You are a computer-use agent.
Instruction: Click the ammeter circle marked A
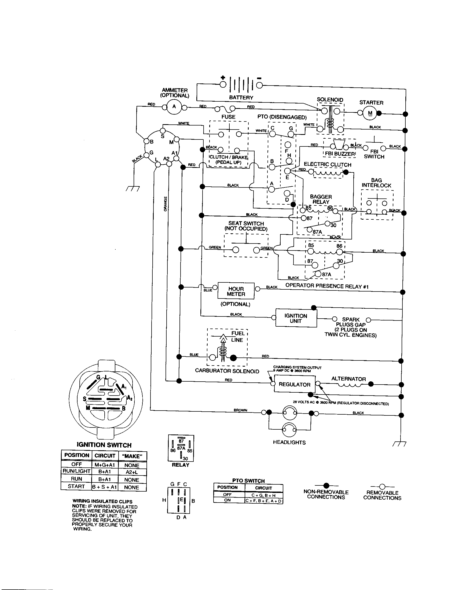[174, 106]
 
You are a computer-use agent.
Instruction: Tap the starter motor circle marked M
[370, 113]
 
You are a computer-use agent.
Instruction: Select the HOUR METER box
[236, 291]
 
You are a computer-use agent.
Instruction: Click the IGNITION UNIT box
[296, 319]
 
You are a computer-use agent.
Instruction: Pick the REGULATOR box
[295, 384]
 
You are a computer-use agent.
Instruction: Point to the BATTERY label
[241, 98]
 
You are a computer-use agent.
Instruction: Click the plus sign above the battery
[223, 78]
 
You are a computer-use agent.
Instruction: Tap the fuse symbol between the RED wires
[225, 109]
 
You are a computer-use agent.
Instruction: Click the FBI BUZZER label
[340, 154]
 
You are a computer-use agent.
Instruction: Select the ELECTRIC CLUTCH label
[328, 164]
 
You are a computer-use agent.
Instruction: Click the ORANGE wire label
[165, 204]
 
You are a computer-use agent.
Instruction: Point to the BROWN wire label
[240, 410]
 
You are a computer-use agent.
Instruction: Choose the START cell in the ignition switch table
[76, 486]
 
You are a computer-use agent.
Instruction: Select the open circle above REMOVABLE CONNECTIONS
[382, 486]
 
